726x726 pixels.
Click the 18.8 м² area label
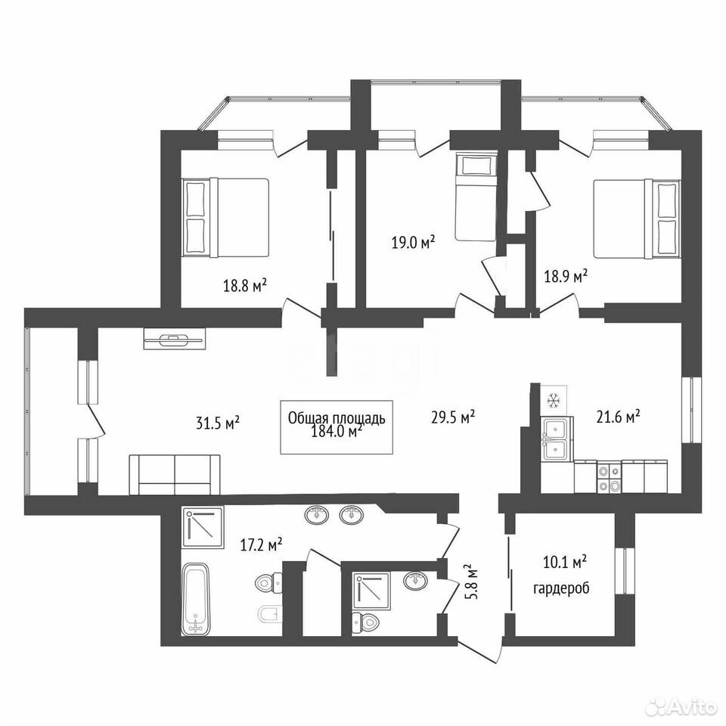(x=245, y=286)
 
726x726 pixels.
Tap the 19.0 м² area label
(x=414, y=242)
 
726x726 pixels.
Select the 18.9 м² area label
(x=566, y=277)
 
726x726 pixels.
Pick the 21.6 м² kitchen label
(x=618, y=417)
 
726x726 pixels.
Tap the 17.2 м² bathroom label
(x=261, y=544)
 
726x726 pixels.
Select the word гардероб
(x=562, y=589)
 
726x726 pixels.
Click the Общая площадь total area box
(x=337, y=427)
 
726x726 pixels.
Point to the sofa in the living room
(x=175, y=475)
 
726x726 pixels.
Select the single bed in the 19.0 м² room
(x=476, y=197)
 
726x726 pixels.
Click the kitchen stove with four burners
(x=609, y=476)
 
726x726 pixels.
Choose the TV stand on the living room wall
(x=175, y=340)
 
